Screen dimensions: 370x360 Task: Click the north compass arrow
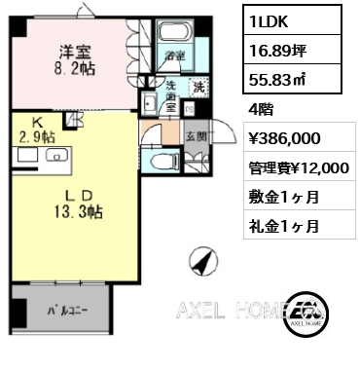(201, 261)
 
